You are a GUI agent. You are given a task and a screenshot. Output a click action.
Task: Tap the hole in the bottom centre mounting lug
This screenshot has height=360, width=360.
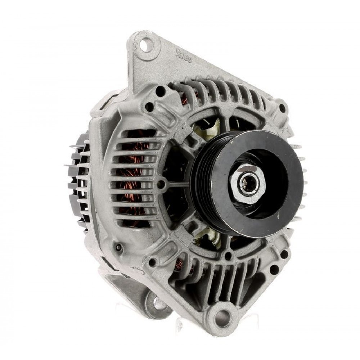pyautogui.click(x=222, y=316)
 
